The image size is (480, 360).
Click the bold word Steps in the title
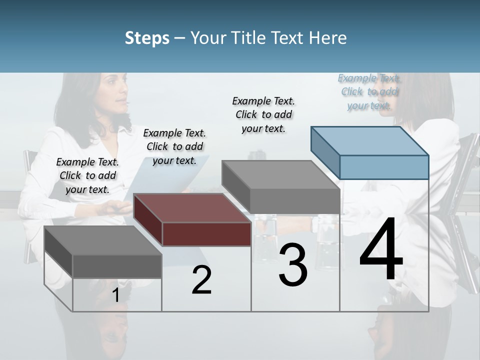click(147, 38)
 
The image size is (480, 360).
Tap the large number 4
click(381, 249)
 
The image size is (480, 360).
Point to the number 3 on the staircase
click(293, 265)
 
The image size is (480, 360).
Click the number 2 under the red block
click(201, 280)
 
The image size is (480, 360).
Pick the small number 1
click(116, 295)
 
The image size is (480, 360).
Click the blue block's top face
click(370, 140)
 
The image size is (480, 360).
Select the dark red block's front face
click(206, 234)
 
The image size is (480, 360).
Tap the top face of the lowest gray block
click(103, 240)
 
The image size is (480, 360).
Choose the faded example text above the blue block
click(369, 91)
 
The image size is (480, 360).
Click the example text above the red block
click(174, 146)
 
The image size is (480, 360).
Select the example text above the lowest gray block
click(87, 175)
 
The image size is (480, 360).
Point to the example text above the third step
click(263, 114)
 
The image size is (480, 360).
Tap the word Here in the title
click(327, 38)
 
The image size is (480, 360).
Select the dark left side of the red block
click(148, 219)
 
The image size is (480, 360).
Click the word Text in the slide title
click(287, 38)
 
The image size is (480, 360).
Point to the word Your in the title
click(209, 38)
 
